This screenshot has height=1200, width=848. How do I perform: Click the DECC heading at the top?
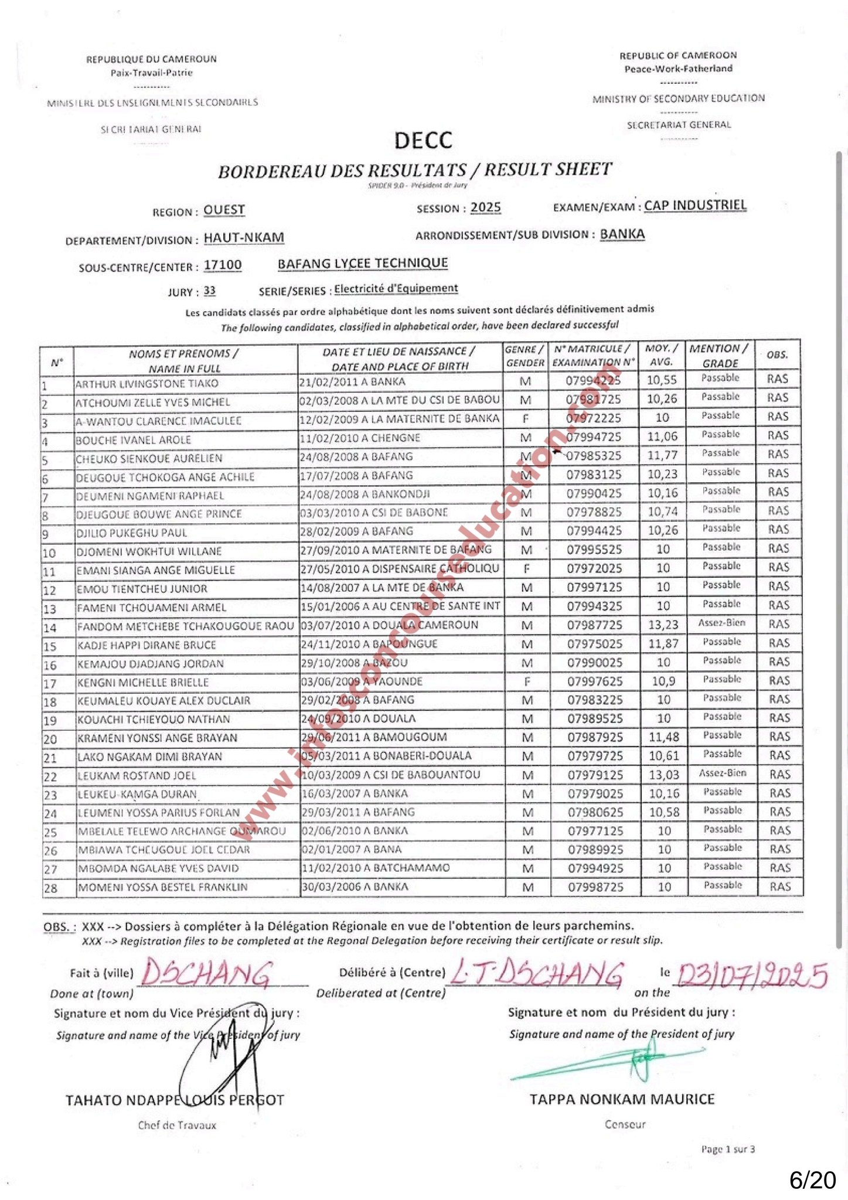click(x=423, y=141)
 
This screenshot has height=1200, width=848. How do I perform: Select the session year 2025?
click(x=485, y=208)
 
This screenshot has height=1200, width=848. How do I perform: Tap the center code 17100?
click(x=223, y=265)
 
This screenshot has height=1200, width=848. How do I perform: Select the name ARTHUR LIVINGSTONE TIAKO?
click(x=147, y=384)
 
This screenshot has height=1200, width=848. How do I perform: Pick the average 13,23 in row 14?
click(x=663, y=625)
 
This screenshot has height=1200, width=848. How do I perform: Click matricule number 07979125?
click(x=595, y=775)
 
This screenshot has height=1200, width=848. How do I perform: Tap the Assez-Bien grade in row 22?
click(x=723, y=773)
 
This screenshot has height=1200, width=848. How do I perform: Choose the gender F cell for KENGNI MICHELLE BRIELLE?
click(x=527, y=681)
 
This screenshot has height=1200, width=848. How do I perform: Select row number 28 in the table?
click(x=51, y=888)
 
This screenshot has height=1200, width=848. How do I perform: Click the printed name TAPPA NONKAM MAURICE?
click(x=622, y=1099)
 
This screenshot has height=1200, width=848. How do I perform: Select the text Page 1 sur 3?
click(x=728, y=1150)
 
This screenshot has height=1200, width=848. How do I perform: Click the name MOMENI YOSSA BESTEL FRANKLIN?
click(x=162, y=887)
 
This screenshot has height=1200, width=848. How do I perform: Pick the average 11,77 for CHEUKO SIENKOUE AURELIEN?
click(x=662, y=455)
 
